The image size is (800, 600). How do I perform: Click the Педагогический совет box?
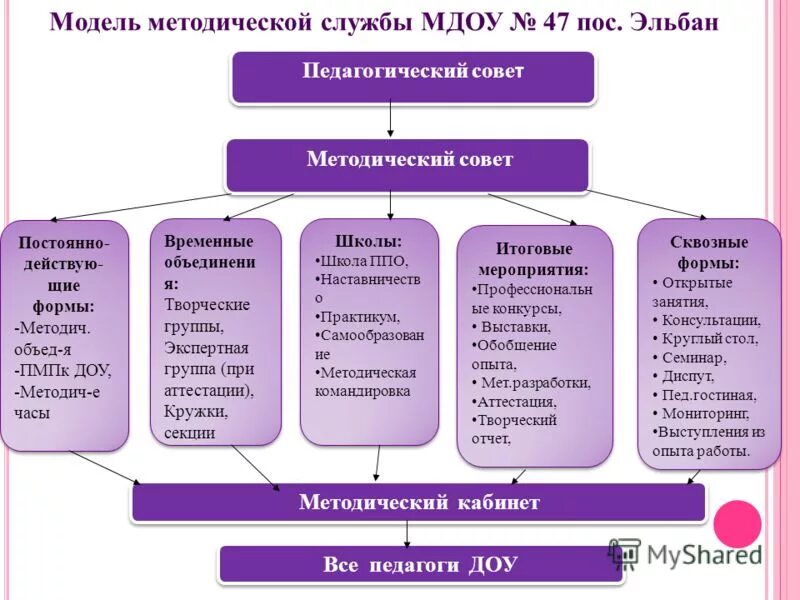(x=413, y=76)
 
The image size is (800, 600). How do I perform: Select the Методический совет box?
(x=408, y=163)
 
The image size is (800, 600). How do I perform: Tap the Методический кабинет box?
(x=418, y=502)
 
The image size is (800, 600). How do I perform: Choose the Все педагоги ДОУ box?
(x=420, y=565)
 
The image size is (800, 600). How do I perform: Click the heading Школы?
(x=369, y=241)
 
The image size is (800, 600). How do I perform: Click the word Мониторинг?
(x=712, y=412)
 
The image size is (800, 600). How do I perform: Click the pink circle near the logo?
(x=737, y=523)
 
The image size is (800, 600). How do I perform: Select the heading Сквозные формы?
(x=709, y=252)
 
